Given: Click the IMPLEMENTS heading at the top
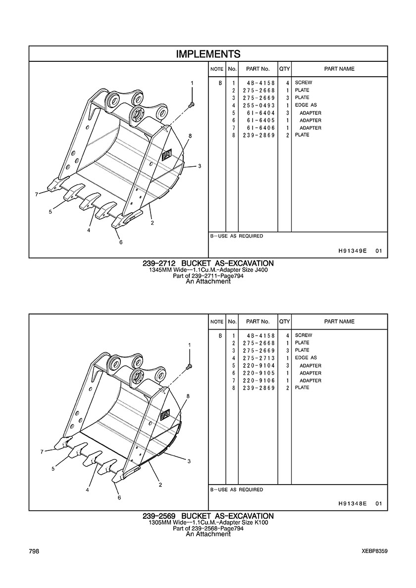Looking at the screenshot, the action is point(208,54).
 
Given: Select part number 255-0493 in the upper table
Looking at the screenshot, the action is point(259,105).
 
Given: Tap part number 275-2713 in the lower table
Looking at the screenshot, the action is point(259,358).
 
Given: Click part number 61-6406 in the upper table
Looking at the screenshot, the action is point(259,128).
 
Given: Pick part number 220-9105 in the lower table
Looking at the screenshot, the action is point(259,373).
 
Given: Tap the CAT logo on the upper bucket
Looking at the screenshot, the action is point(166,155).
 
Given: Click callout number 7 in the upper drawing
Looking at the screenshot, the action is point(36,194).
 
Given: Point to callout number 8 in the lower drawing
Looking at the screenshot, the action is point(188,395).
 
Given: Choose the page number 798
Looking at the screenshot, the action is point(34,551).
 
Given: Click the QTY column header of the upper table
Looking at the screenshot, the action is point(285,69).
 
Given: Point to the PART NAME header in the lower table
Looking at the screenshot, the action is point(339,321).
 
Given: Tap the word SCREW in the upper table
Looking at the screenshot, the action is point(304,83).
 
